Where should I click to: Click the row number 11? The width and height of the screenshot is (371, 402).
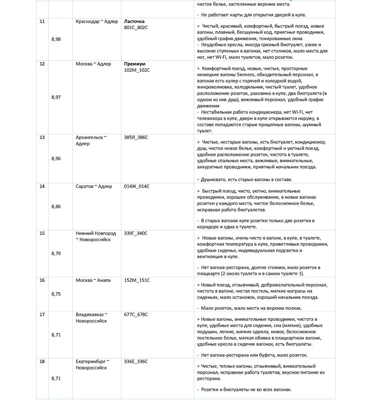coord(42,21)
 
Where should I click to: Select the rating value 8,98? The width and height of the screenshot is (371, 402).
coord(56,39)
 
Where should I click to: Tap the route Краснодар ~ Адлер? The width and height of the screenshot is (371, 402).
coord(97,21)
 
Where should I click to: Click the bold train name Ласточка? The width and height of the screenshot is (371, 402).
coord(134,21)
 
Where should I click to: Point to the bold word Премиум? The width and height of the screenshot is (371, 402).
coord(135,64)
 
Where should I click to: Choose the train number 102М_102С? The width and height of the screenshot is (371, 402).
coord(137,70)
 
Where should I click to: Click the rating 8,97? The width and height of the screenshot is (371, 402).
coord(56,97)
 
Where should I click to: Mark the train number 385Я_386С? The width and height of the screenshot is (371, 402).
coord(136,137)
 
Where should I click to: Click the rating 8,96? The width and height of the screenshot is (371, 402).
coord(56,159)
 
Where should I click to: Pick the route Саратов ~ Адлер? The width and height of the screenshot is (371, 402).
coord(94,186)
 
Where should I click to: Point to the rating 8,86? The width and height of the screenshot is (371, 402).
coord(56,206)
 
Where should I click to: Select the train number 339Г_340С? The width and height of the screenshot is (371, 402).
coord(136,233)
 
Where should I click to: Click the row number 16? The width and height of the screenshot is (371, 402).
coord(42,280)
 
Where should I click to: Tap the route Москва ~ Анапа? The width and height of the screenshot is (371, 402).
coord(93,280)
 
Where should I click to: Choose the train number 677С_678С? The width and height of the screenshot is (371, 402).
coord(136,314)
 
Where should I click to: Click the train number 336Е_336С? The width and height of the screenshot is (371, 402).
coord(136,362)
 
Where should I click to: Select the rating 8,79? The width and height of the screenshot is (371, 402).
coord(56,253)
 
